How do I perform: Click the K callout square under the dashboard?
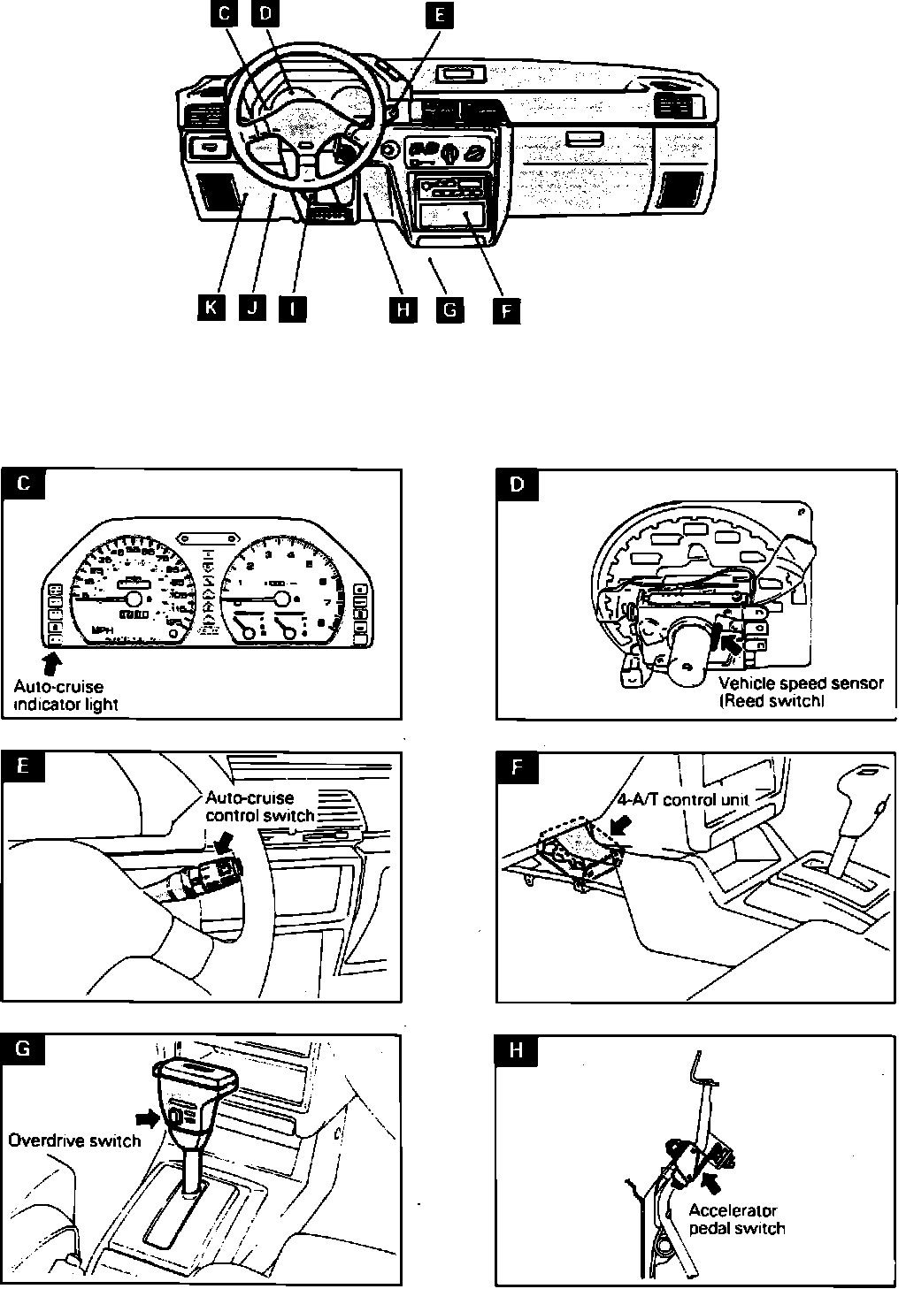tap(211, 308)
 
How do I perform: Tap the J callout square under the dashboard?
tap(252, 308)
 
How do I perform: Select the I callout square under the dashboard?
tap(293, 308)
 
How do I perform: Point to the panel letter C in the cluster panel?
tap(24, 484)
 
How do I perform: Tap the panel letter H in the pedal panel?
tap(518, 1051)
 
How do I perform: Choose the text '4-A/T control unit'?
tap(682, 800)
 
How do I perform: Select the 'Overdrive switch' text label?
tap(74, 1141)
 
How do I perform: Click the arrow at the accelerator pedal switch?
tap(709, 1181)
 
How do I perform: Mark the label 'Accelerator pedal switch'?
tap(736, 1219)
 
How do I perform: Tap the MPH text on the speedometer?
tap(104, 630)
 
